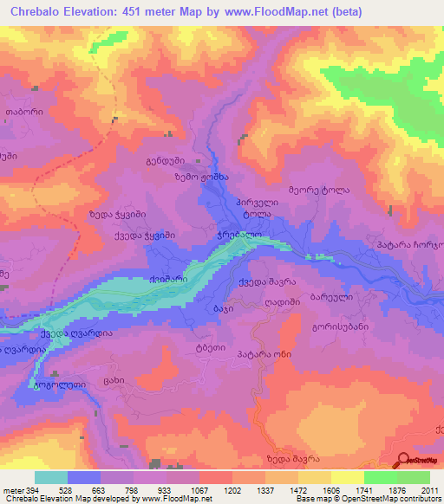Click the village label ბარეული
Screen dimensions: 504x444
pyautogui.click(x=329, y=295)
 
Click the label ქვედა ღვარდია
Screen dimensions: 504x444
pyautogui.click(x=76, y=333)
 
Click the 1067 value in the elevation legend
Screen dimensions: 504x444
pyautogui.click(x=199, y=491)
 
